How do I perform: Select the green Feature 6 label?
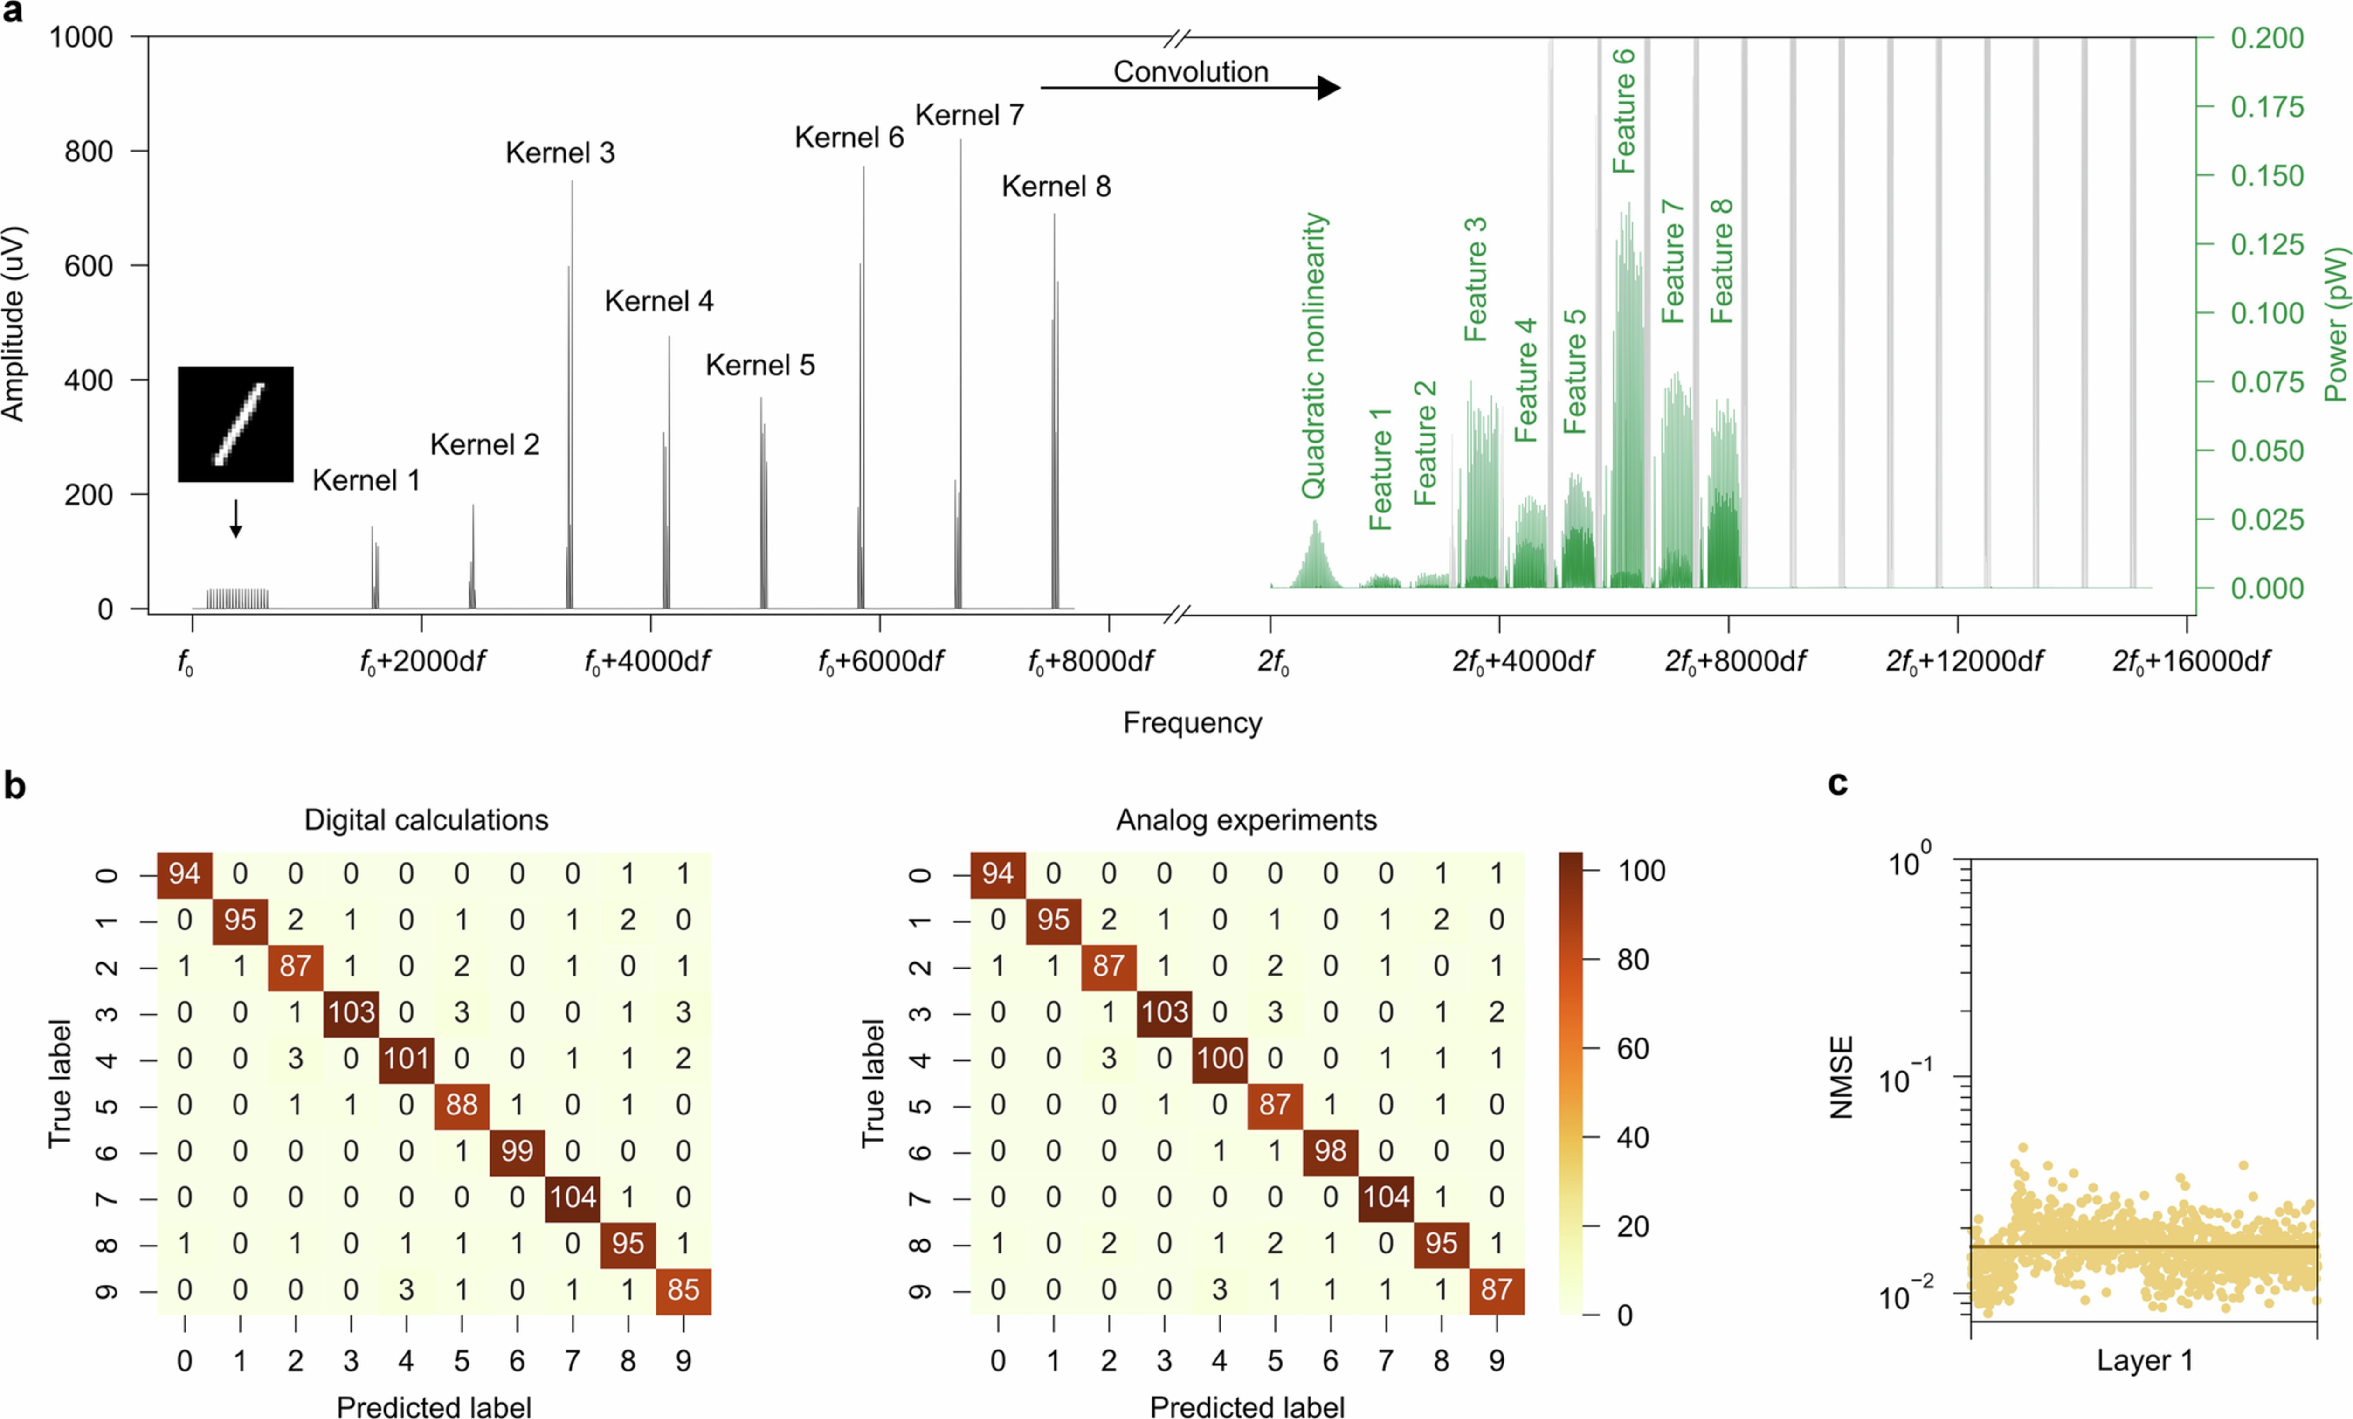1623,111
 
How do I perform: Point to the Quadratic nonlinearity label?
1314,355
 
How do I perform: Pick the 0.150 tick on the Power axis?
2266,176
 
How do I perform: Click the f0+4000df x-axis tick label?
648,661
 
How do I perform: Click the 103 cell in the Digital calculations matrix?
352,1012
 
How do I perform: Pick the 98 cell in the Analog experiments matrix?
1330,1151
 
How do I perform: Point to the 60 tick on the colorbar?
1632,1048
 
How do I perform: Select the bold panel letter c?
1837,783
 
